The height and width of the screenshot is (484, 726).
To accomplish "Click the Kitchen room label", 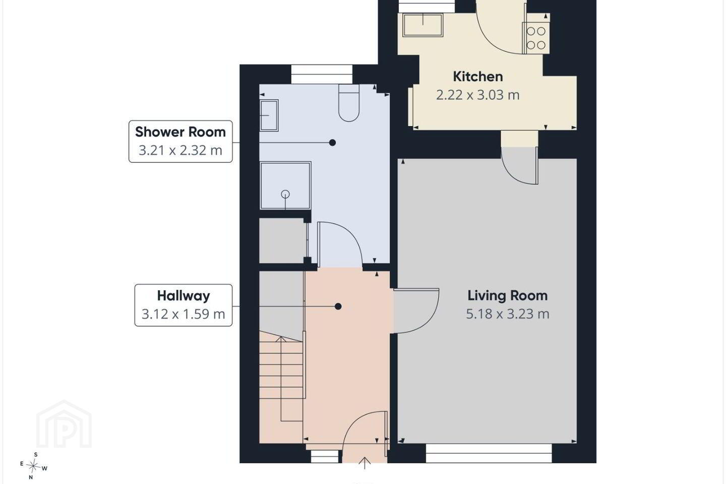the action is (478, 77).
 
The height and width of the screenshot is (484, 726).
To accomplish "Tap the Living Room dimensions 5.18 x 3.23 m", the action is (508, 314).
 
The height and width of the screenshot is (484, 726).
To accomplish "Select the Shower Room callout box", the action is (180, 141).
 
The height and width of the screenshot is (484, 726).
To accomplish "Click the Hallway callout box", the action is (184, 305).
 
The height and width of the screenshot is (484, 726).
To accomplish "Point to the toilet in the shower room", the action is (349, 103).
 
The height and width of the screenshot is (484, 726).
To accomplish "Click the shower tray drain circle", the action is (285, 194).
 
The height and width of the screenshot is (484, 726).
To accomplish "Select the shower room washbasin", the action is (269, 115).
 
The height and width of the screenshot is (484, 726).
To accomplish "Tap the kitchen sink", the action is (422, 25).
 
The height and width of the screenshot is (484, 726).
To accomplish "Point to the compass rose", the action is (33, 466).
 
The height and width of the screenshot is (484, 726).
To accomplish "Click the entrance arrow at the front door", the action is (365, 463).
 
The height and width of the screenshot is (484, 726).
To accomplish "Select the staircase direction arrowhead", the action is (281, 339).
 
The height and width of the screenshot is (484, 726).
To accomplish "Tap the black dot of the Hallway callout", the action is (338, 307).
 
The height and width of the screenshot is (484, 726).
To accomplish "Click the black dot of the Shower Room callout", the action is (332, 142).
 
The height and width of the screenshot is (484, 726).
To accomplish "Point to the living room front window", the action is (489, 453).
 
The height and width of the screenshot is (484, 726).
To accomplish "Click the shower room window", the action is (322, 74).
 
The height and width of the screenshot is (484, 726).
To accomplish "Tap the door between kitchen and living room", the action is (520, 166).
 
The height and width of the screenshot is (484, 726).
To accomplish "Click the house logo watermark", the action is (64, 424).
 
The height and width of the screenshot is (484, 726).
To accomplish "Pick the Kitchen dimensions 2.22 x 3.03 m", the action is (478, 95).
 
